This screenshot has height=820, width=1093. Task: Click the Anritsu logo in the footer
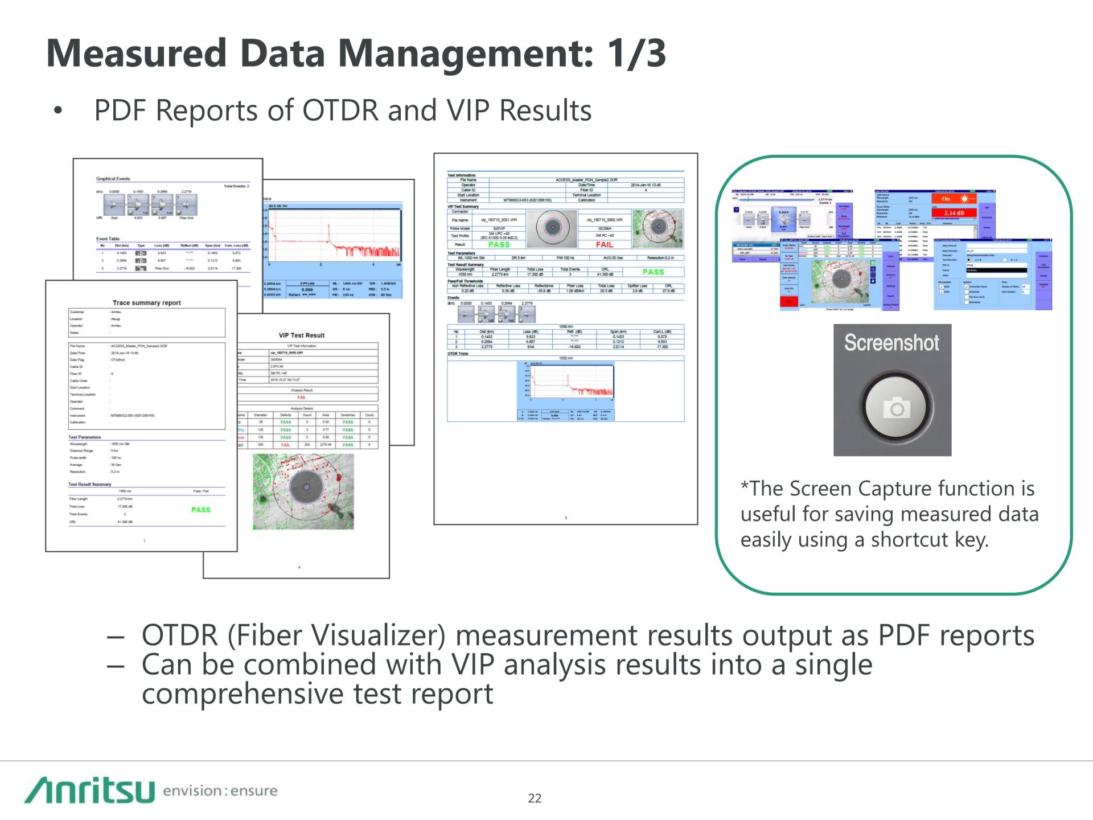tap(89, 790)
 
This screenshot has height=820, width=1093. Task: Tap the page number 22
tap(535, 798)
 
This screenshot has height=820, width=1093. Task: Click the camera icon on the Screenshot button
tap(897, 409)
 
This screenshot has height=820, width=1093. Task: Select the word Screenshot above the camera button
tap(891, 343)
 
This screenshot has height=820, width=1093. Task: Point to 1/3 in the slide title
tap(636, 54)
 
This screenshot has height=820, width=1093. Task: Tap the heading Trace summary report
tap(146, 303)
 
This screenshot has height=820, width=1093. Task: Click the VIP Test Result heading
tap(302, 335)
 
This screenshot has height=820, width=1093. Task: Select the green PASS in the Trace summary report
tap(200, 510)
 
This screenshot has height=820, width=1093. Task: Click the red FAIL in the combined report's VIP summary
tap(604, 244)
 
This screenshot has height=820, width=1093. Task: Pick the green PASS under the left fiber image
tap(499, 244)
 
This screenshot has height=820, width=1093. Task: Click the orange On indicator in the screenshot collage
tap(946, 199)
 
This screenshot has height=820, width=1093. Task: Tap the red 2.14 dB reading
tap(954, 213)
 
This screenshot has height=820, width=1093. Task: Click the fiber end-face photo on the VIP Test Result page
tap(303, 491)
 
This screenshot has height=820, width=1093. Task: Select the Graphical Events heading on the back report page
tap(113, 179)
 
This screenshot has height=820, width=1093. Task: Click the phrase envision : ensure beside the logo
tap(220, 791)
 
